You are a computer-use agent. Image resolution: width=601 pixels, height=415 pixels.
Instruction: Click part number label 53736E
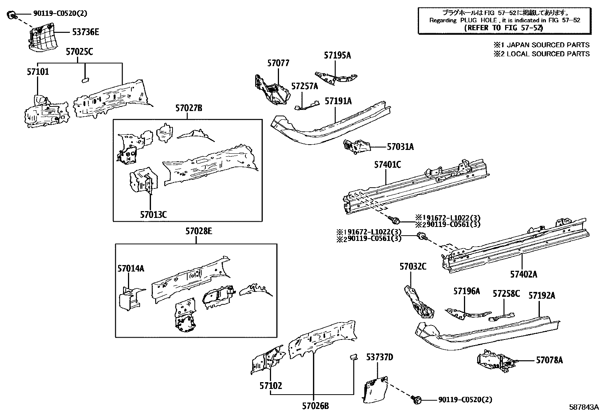click(85, 32)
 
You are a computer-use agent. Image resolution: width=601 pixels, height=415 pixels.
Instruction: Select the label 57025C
click(79, 52)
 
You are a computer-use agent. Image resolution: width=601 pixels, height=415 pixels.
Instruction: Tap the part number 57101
click(38, 71)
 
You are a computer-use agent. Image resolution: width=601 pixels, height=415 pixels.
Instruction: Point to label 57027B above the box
click(188, 108)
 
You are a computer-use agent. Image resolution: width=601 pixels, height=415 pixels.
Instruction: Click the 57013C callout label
click(153, 214)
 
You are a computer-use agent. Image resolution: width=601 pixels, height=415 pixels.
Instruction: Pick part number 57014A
click(131, 268)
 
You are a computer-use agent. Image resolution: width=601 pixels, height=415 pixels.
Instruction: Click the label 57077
click(278, 63)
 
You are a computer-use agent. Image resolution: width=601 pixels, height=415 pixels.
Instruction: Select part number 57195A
click(337, 56)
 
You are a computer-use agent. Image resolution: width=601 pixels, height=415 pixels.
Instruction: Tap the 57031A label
click(400, 147)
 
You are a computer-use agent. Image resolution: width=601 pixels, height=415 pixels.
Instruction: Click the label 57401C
click(387, 165)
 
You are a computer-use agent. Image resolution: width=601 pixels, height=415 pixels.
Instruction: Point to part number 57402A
click(523, 275)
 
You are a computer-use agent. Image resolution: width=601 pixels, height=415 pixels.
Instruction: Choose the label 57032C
click(413, 267)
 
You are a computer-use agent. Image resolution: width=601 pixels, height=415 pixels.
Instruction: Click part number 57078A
click(549, 360)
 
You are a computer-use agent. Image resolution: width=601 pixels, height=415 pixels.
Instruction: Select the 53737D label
click(380, 357)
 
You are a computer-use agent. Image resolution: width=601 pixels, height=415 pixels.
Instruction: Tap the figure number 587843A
click(584, 407)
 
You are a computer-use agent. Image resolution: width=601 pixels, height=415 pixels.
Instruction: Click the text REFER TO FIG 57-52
click(504, 28)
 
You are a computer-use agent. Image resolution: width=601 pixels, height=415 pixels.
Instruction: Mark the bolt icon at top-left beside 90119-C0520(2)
click(12, 15)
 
